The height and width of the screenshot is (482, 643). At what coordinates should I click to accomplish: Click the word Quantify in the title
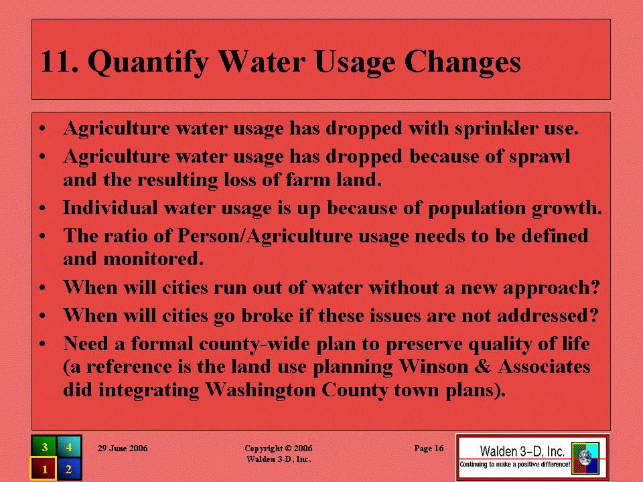pos(148,62)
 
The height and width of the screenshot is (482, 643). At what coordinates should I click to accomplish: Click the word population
pos(477,209)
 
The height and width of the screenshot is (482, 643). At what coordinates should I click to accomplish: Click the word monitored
pos(153,259)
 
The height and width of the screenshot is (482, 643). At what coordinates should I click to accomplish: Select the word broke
pos(267,315)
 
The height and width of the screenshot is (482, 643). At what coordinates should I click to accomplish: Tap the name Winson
pos(434,366)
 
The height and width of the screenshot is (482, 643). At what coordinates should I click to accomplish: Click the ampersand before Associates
pos(483,366)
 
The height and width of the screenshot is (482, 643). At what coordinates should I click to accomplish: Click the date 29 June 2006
pos(123,449)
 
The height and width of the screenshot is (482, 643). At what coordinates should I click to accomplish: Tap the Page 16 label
pos(429,449)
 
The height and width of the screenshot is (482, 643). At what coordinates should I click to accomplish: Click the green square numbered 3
pos(44,446)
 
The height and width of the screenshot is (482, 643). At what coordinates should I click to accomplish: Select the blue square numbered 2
pos(69,468)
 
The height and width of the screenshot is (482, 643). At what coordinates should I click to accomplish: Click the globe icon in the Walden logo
pos(585,458)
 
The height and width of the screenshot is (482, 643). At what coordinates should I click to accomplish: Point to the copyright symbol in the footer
pos(288,449)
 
